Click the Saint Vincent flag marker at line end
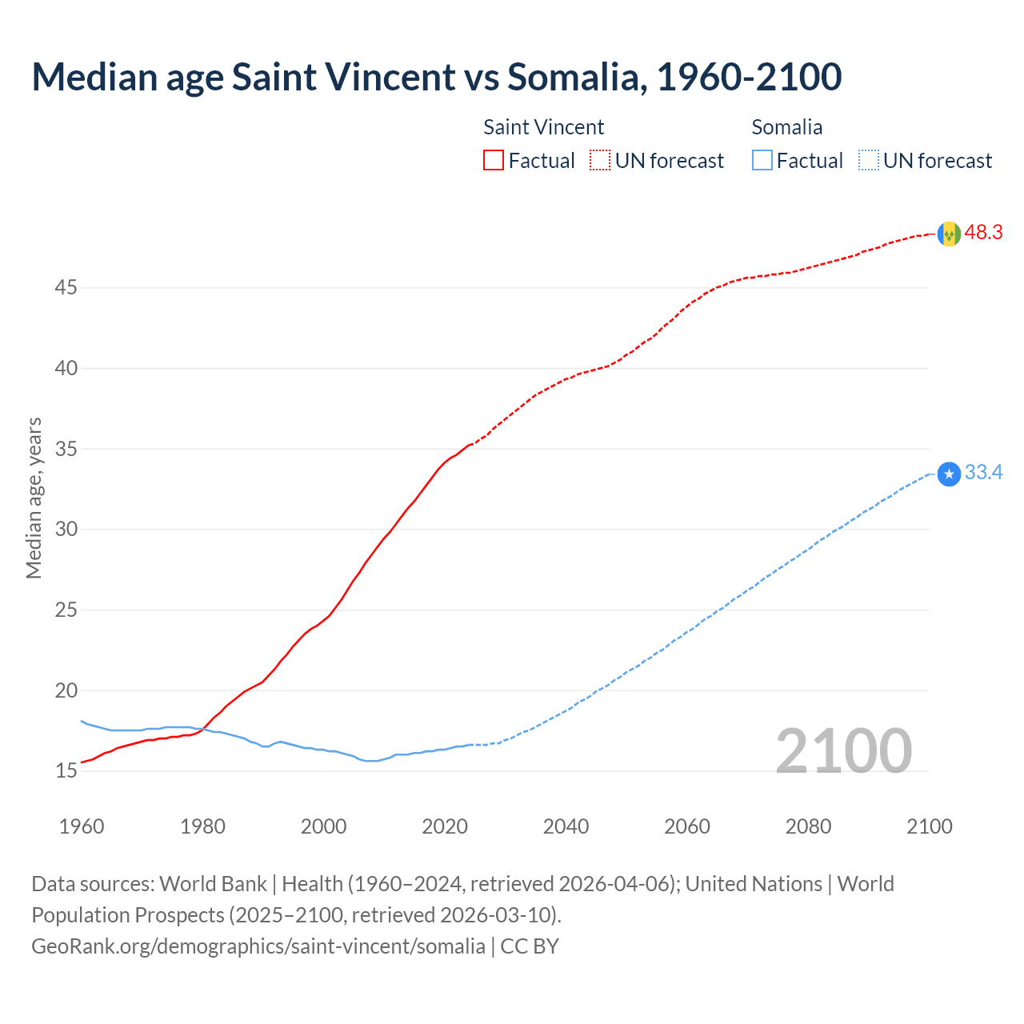(x=949, y=234)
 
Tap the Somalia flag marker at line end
(x=949, y=474)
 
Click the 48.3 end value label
(x=983, y=233)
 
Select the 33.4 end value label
(x=983, y=473)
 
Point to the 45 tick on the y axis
(x=66, y=287)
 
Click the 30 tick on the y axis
(x=66, y=529)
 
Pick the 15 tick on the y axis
(x=66, y=771)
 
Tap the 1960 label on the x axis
(x=82, y=826)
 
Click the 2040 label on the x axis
(x=566, y=826)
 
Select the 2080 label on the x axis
(x=808, y=826)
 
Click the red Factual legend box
(x=494, y=161)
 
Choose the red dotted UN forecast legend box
(x=600, y=161)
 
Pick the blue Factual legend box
(x=762, y=161)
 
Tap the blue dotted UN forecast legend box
(x=868, y=161)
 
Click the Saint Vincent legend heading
(x=543, y=127)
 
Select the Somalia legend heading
(x=786, y=127)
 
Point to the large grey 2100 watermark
(x=843, y=750)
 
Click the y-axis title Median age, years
(x=34, y=498)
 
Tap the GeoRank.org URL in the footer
(x=258, y=946)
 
